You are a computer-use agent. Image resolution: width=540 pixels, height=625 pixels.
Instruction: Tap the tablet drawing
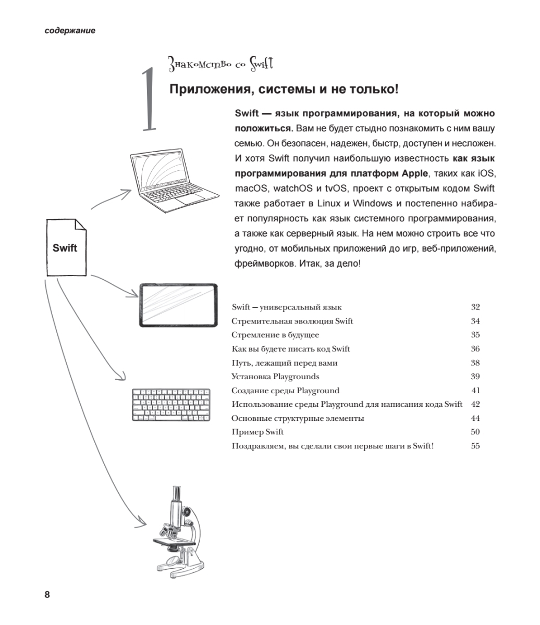click(x=179, y=305)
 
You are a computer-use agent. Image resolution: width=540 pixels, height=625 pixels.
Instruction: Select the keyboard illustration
click(x=171, y=405)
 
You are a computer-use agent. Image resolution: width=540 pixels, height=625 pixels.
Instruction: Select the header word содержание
click(x=70, y=31)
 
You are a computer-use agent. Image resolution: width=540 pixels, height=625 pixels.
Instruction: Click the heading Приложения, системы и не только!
click(x=284, y=90)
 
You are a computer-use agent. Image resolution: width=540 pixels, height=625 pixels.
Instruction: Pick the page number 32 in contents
click(x=475, y=307)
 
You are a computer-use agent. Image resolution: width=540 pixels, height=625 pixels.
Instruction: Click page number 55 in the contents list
click(x=475, y=446)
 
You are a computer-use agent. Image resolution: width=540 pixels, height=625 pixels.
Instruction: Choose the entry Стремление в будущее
click(x=275, y=335)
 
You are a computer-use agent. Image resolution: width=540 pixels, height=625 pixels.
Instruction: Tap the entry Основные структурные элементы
click(x=298, y=418)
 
